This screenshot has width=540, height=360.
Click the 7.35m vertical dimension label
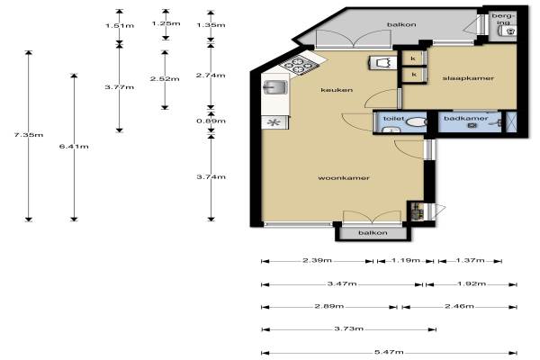point(29,135)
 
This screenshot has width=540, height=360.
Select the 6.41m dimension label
point(74,147)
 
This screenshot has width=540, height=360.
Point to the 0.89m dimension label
point(211,121)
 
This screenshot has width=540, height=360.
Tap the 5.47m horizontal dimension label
point(389,352)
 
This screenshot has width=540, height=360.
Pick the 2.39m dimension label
point(317,260)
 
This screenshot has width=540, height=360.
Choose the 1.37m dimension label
point(470,260)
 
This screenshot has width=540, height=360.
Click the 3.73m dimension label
point(349,328)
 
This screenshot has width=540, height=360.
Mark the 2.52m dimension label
point(165,79)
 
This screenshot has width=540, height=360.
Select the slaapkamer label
point(468,78)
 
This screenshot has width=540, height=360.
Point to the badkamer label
point(466,119)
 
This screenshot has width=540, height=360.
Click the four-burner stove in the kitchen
point(298,65)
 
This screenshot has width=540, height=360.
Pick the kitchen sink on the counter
point(274,87)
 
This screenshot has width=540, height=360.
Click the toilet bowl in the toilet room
point(417,122)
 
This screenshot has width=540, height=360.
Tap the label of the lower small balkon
point(373,233)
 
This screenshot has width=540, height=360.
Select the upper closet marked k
point(414,58)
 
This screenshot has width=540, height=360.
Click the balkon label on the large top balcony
point(401,24)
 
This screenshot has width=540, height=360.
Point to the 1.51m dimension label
point(120,26)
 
